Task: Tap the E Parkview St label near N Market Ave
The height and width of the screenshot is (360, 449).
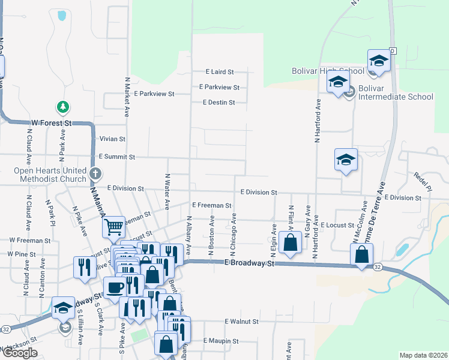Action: [x=154, y=94]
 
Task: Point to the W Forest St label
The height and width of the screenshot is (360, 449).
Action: [x=52, y=122]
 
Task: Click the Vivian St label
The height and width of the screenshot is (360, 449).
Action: [x=112, y=139]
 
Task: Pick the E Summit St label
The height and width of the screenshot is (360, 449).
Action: [x=117, y=157]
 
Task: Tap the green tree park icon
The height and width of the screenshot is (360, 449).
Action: [x=62, y=107]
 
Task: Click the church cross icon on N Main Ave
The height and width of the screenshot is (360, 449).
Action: [x=95, y=174]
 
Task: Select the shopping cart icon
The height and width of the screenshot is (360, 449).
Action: [x=113, y=227]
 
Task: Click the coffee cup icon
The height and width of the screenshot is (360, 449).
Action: [x=114, y=287]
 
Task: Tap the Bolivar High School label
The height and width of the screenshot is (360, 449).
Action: [x=328, y=71]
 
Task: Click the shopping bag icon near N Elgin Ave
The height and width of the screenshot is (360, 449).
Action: [x=290, y=243]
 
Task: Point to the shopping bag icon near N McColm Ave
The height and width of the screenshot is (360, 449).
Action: [x=362, y=254]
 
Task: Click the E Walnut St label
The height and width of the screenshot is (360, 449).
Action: [x=241, y=322]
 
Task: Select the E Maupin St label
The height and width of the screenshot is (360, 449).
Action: [x=220, y=341]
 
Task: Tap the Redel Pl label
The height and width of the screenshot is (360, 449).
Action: [x=422, y=182]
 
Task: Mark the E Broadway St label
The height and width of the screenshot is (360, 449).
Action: [x=249, y=263]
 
